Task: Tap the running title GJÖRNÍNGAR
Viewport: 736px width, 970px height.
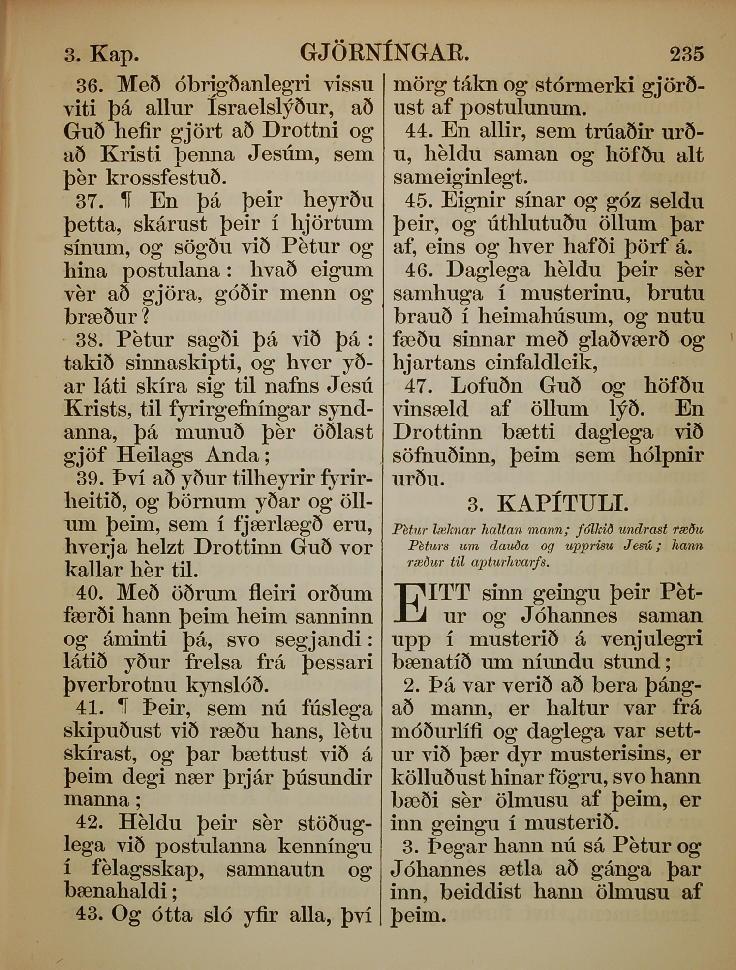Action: [x=384, y=52]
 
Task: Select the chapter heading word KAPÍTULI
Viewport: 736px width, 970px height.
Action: [x=563, y=504]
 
